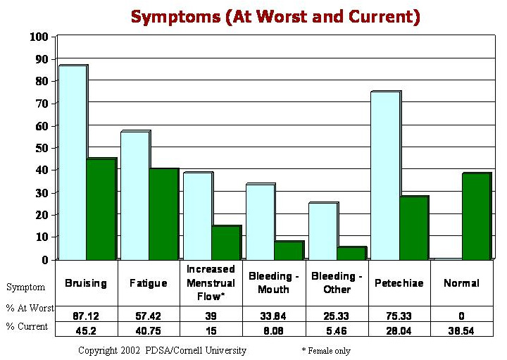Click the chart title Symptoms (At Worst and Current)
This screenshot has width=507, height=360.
click(275, 16)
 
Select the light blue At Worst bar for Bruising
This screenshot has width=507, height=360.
click(72, 162)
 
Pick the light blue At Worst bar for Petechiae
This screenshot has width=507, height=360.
click(385, 175)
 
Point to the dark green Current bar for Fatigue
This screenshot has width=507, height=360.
click(163, 214)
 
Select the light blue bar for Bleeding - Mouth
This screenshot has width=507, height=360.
click(259, 221)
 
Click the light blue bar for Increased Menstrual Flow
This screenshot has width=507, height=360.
click(197, 216)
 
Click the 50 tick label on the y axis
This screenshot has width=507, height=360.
click(41, 148)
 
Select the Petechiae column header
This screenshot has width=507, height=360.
click(399, 283)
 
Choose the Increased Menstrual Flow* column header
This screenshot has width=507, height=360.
click(211, 283)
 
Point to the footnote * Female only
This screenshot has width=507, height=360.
click(325, 350)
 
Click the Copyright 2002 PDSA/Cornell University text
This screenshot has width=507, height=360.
click(162, 350)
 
